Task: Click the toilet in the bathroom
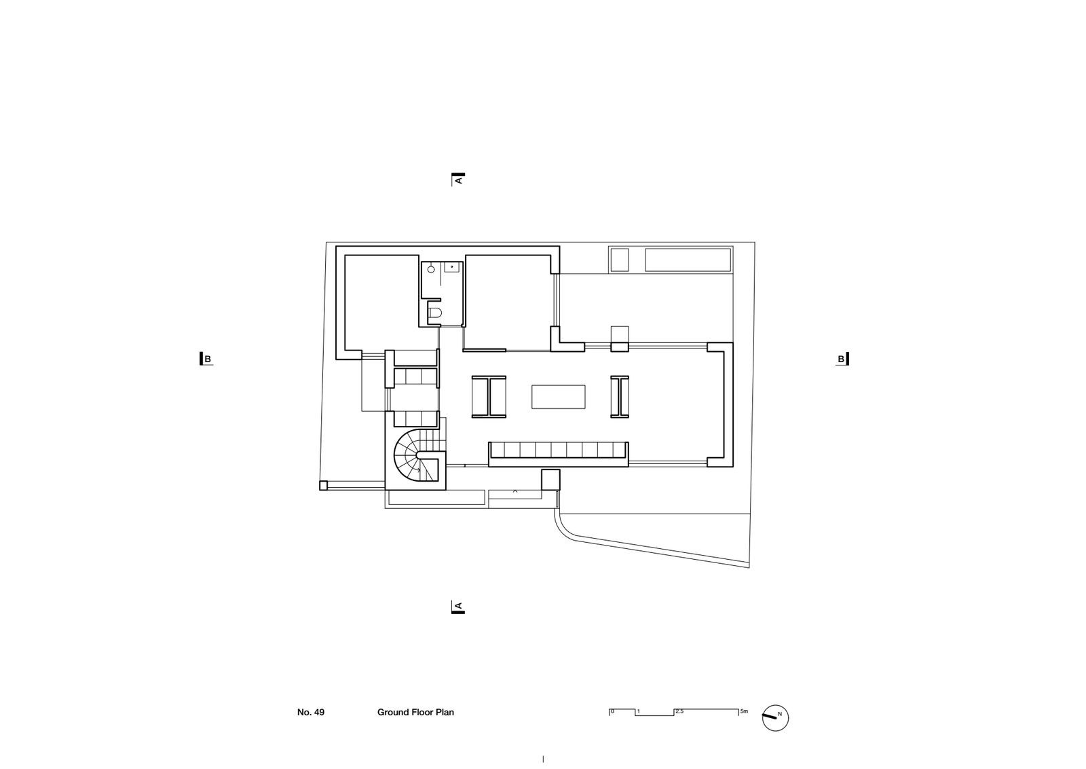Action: point(434,313)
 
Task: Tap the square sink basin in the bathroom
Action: point(451,267)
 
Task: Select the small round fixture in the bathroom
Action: point(430,269)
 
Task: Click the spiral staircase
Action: point(417,456)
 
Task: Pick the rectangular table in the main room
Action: point(559,397)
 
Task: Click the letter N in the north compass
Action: point(780,714)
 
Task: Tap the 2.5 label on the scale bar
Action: point(679,711)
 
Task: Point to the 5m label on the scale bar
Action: point(744,711)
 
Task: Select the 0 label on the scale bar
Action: point(612,711)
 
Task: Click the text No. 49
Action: point(311,712)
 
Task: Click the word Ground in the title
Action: point(393,712)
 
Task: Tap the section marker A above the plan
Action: point(458,179)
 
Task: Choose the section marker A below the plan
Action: point(458,607)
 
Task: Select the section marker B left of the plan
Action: point(206,359)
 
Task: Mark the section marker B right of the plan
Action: point(842,359)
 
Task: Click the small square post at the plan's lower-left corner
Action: point(323,485)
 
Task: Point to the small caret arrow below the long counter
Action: point(515,491)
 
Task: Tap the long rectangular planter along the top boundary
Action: point(688,260)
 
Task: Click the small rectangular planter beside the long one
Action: point(619,260)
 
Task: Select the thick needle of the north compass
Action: point(770,717)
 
